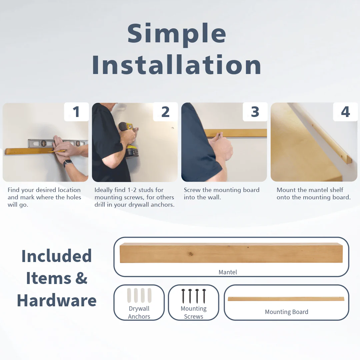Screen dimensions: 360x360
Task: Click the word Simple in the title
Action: click(177, 34)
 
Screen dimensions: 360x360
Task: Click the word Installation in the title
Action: click(177, 65)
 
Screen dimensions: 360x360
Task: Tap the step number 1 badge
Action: click(76, 112)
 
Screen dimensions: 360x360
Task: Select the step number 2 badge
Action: click(166, 112)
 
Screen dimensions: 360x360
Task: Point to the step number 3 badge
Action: click(255, 112)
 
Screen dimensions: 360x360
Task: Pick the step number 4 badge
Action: click(345, 112)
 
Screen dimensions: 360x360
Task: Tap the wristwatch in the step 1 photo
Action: click(68, 163)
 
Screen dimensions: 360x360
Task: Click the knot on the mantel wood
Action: click(191, 254)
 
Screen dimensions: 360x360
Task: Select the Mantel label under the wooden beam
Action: click(228, 272)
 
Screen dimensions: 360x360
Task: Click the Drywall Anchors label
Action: click(139, 312)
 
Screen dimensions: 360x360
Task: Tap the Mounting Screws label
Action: click(194, 312)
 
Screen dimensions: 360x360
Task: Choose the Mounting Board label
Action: click(287, 312)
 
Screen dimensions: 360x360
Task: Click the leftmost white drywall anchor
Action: click(129, 295)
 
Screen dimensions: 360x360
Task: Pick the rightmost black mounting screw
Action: click(204, 296)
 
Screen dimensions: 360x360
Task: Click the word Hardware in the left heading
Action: click(57, 300)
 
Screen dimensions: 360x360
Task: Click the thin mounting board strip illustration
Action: click(286, 299)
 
